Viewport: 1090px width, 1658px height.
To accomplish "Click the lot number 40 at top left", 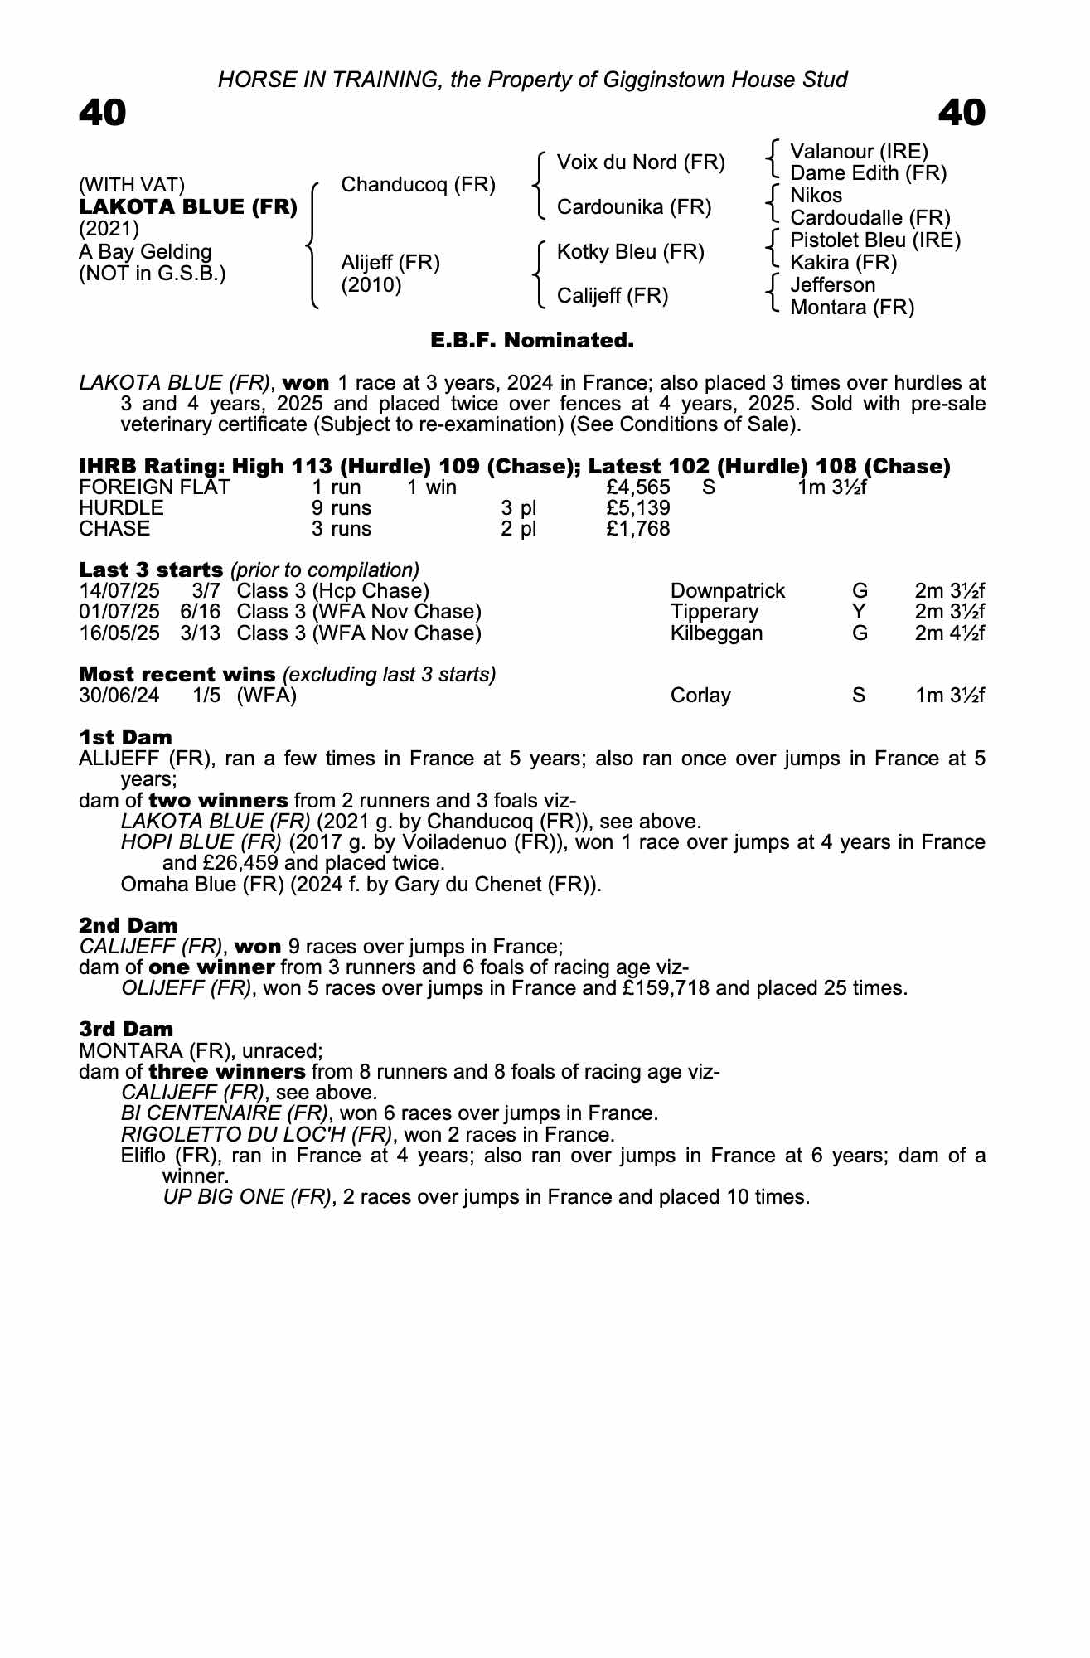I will point(103,114).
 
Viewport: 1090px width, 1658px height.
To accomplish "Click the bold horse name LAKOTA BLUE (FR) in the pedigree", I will point(187,207).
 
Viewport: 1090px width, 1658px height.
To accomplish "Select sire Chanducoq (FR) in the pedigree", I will point(418,184).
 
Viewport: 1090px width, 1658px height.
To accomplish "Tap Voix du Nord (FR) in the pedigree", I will point(641,162).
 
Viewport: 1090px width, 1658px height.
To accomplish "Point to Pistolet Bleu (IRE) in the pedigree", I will point(874,240).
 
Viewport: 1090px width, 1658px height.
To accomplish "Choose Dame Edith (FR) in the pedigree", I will point(868,173).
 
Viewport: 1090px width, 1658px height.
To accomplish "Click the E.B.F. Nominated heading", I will point(532,341).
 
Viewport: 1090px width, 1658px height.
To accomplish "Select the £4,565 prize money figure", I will point(638,487).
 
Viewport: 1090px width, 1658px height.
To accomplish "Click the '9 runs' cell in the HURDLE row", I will point(342,508).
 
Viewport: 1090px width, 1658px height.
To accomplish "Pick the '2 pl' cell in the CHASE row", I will point(518,529).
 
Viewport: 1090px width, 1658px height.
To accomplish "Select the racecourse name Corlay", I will point(700,696).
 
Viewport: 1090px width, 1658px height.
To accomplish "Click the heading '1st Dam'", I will point(125,737).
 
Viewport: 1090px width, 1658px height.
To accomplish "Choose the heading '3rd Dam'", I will point(126,1029).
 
